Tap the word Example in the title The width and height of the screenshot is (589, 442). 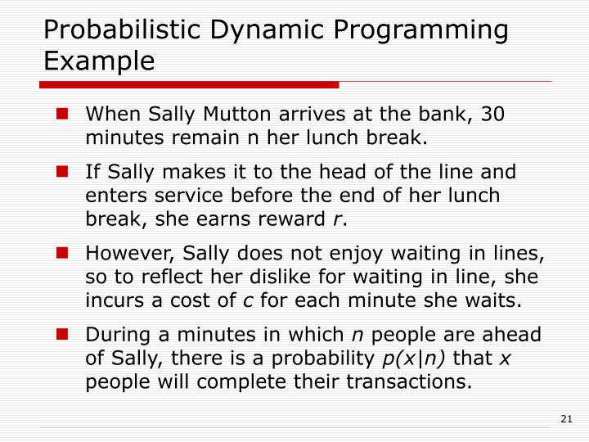click(x=99, y=61)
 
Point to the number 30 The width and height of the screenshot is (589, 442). click(x=492, y=115)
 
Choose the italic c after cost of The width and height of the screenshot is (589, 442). click(x=248, y=300)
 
